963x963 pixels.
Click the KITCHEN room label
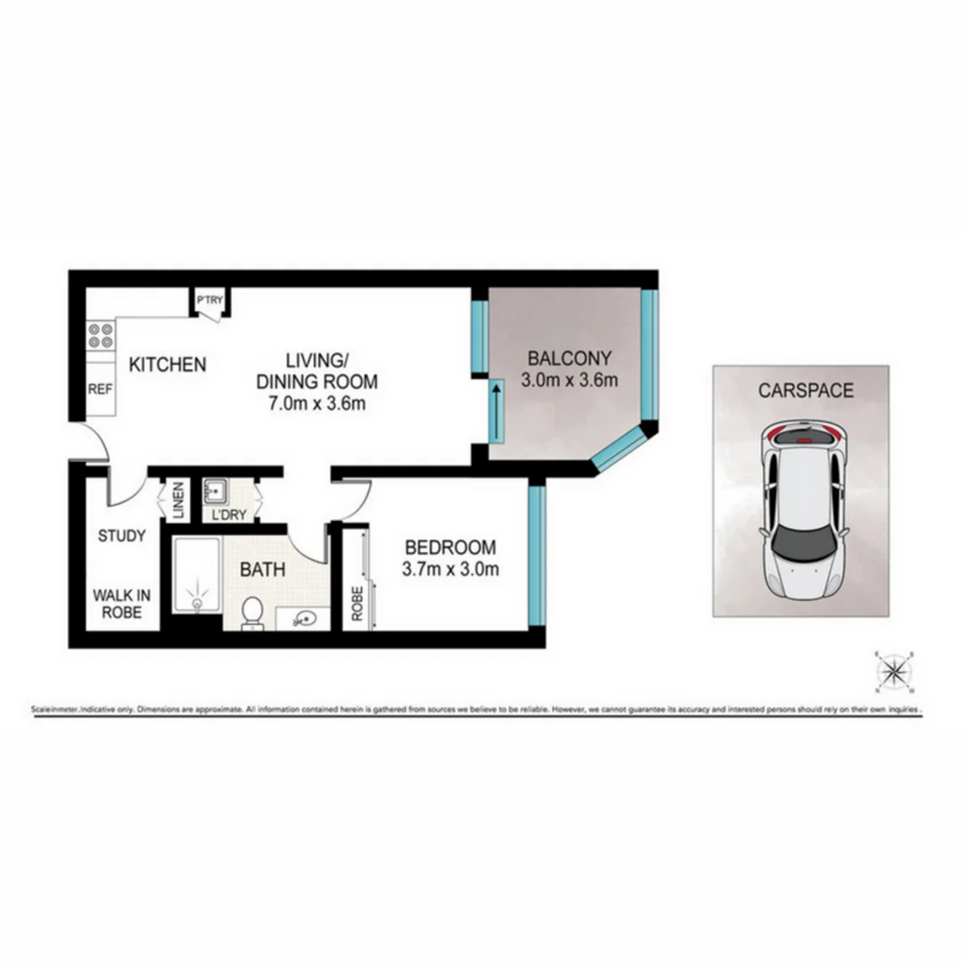[168, 364]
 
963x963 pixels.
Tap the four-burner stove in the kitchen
[101, 335]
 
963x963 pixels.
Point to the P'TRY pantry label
[210, 300]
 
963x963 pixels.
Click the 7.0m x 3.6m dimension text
[317, 403]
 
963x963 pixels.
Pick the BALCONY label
[570, 358]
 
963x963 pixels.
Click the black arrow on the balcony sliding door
[494, 412]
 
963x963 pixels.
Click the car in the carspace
[802, 512]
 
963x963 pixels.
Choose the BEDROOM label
[450, 547]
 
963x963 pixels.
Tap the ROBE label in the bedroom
[357, 603]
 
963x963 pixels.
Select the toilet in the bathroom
[252, 613]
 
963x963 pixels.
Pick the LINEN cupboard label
[177, 501]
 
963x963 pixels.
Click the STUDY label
[121, 536]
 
